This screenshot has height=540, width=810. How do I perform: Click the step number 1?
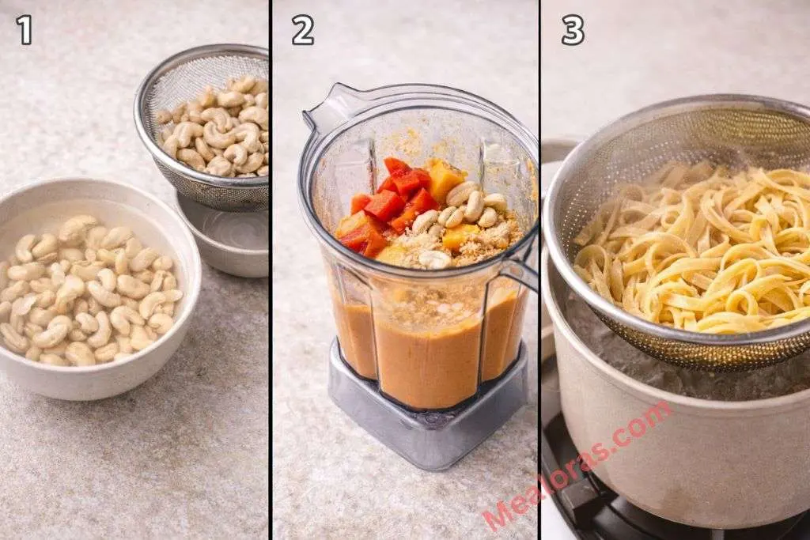[x=25, y=30]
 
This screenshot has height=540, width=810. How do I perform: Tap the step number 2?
[x=302, y=30]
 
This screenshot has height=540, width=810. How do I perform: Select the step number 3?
[x=573, y=30]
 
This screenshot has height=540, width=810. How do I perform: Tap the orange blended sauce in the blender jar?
[x=427, y=348]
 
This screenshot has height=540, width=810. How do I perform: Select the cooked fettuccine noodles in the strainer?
[x=696, y=245]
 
